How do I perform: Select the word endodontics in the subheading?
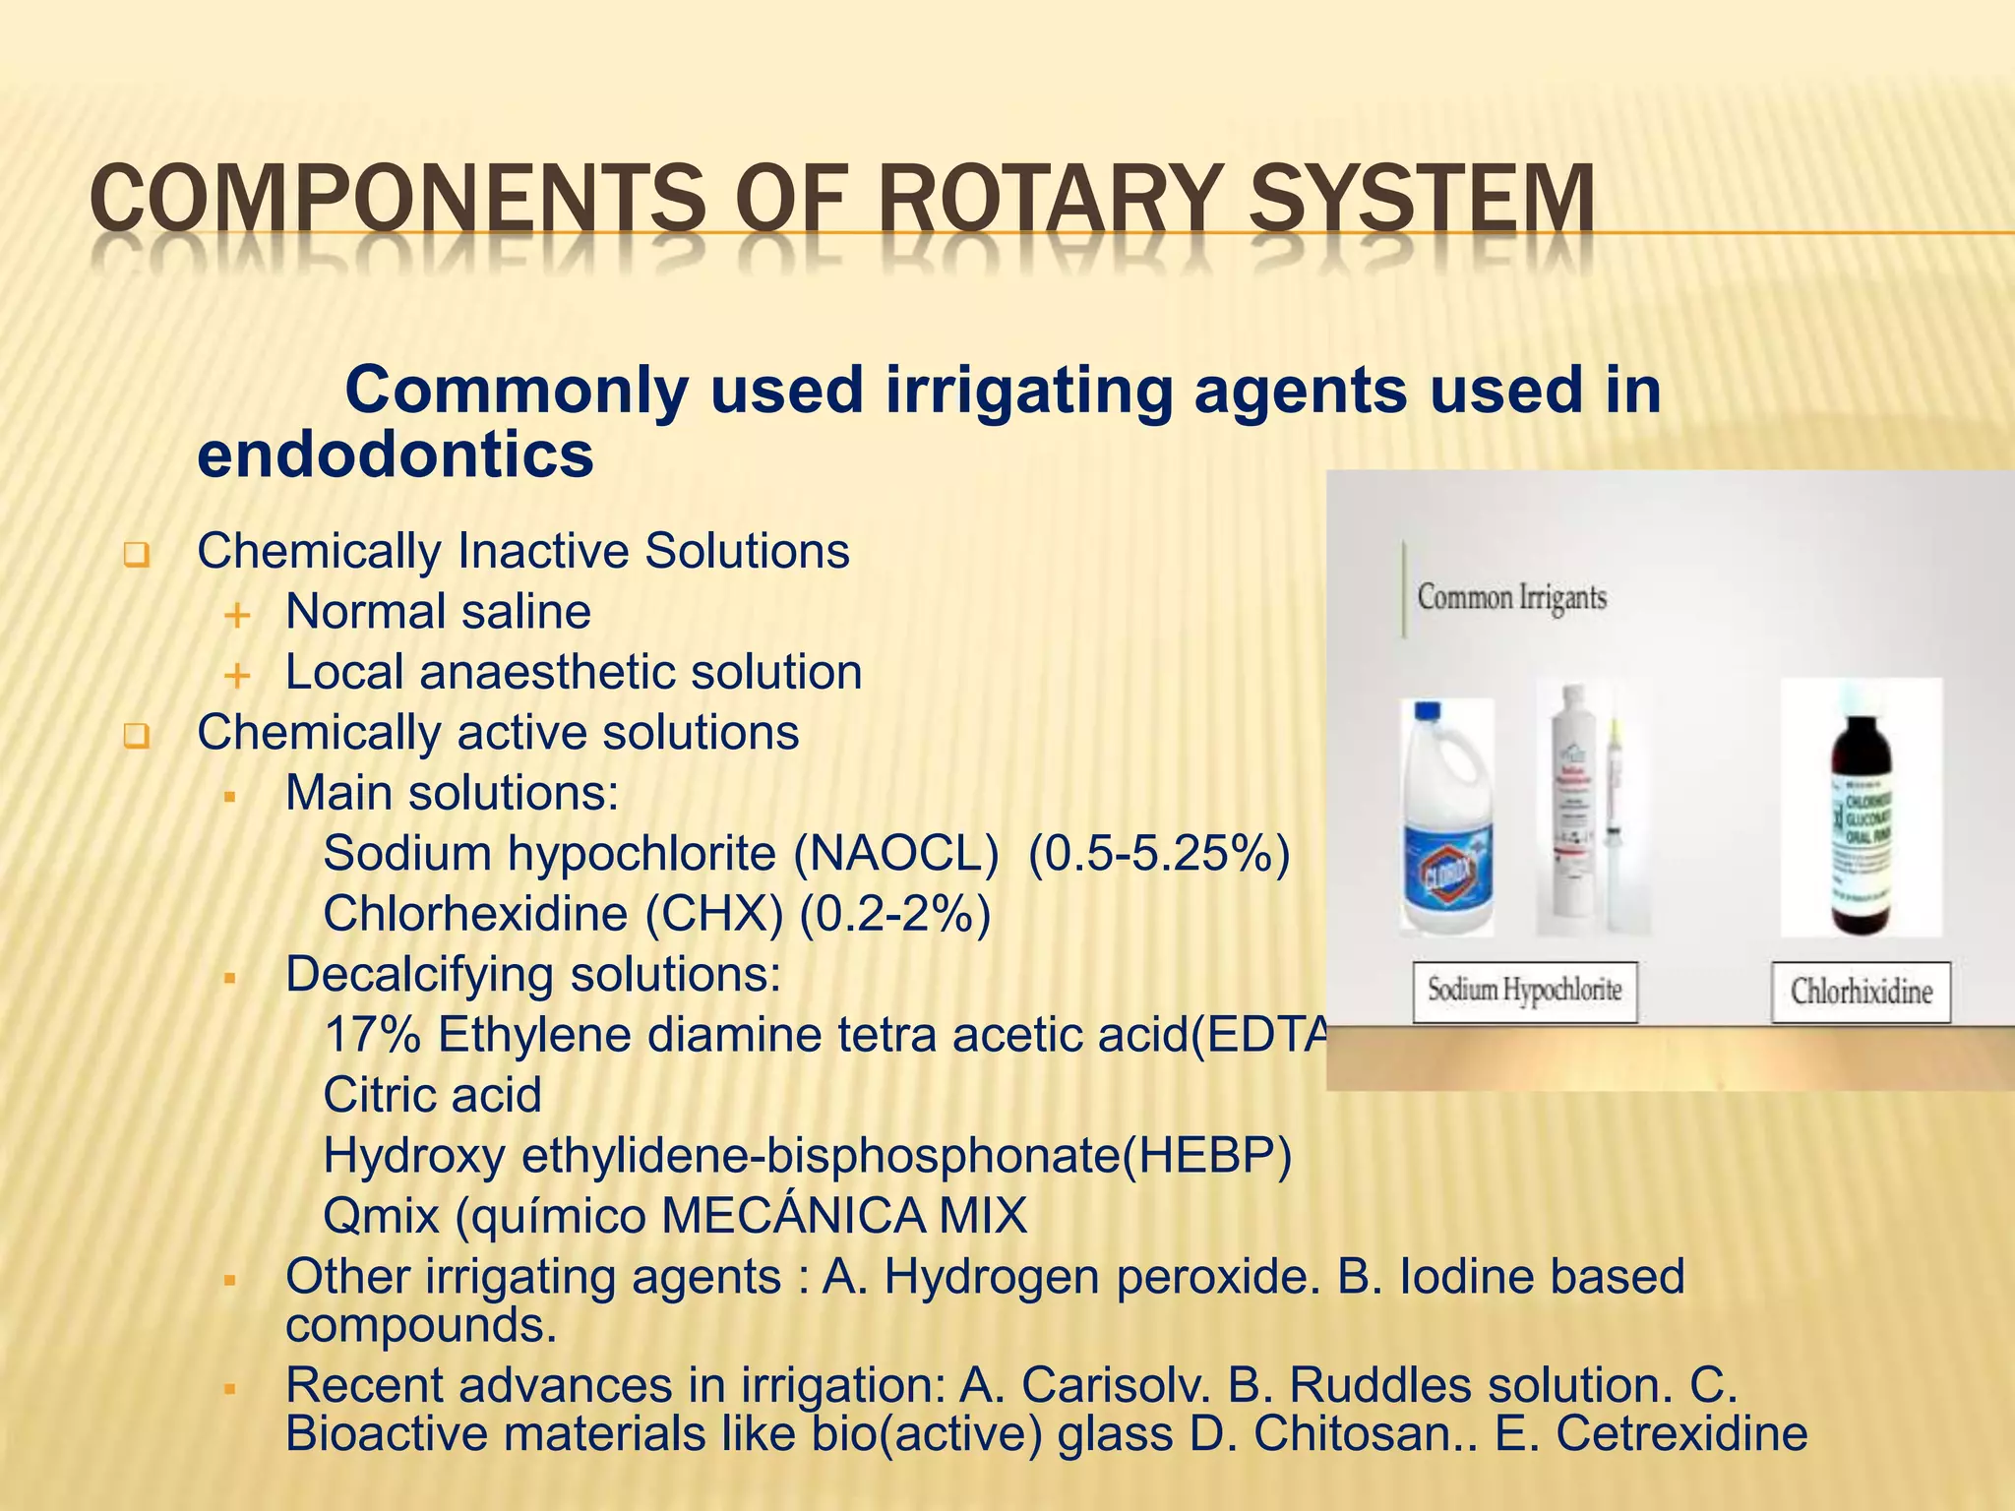(x=396, y=455)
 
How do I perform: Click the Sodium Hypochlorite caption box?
(x=1525, y=992)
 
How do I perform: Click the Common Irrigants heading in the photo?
(x=1511, y=598)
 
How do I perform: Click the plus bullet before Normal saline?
(x=237, y=616)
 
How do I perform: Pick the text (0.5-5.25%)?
(x=1158, y=854)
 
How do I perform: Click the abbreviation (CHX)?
(x=714, y=915)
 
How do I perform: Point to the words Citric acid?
(x=432, y=1096)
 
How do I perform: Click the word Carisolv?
(x=1116, y=1386)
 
